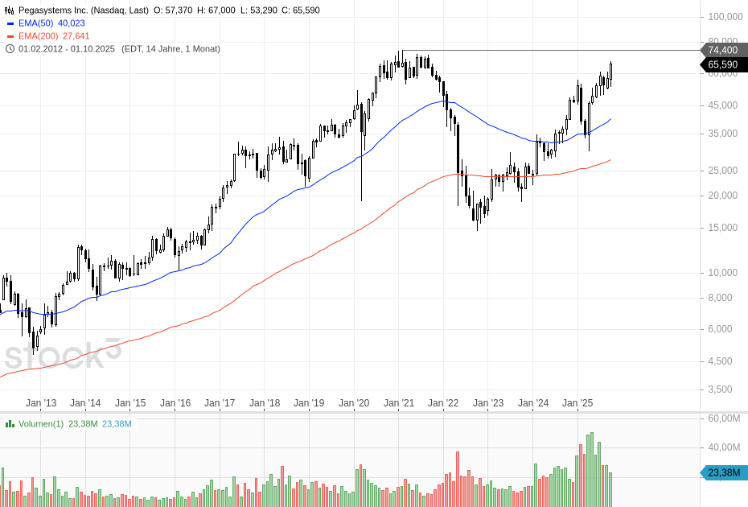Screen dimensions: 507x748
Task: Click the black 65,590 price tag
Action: [x=722, y=64]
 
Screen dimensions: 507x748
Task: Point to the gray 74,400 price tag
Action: [x=722, y=50]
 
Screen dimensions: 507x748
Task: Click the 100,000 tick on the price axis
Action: [x=723, y=17]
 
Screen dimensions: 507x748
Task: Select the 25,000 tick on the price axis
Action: [x=723, y=171]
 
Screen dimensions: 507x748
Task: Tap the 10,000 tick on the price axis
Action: [x=723, y=273]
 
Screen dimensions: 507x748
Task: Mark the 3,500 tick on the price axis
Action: [x=723, y=390]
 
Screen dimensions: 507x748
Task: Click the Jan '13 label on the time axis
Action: [x=41, y=402]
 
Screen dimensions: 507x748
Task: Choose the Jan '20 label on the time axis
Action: [x=354, y=402]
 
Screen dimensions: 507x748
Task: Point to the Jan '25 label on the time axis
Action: [x=577, y=402]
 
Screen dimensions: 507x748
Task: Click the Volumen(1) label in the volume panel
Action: [x=41, y=424]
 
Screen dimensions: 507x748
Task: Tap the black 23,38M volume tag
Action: [x=722, y=473]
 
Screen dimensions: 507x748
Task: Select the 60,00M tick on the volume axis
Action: [x=724, y=418]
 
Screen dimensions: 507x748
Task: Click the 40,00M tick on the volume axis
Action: [x=724, y=447]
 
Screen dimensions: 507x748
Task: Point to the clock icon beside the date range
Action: [x=10, y=49]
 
